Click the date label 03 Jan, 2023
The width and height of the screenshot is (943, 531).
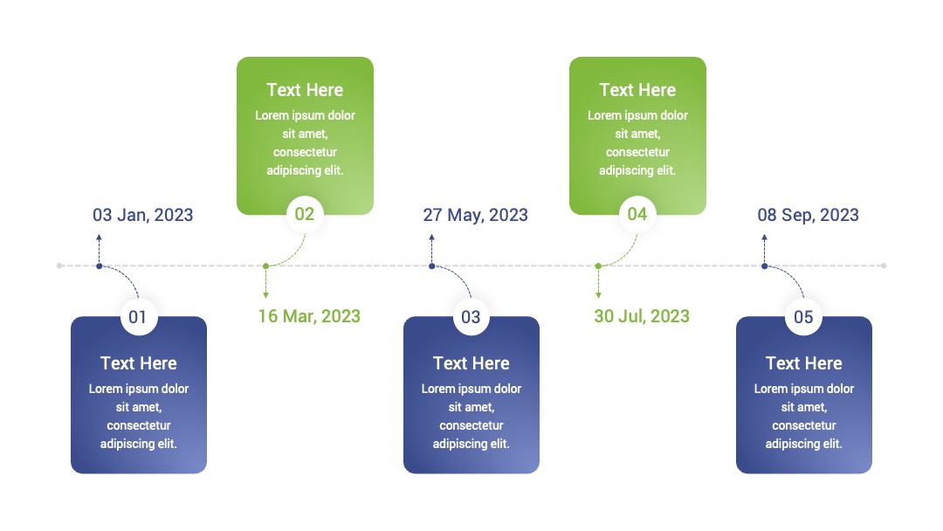[142, 215]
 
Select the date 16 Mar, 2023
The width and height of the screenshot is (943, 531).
[309, 315]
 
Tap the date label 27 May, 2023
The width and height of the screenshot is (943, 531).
[475, 215]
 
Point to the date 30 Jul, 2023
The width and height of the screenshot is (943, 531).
[642, 315]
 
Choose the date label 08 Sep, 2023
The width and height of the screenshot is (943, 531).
[808, 215]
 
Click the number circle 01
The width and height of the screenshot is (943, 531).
[138, 316]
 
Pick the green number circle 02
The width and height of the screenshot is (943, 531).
[305, 213]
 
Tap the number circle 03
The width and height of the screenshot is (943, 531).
[471, 316]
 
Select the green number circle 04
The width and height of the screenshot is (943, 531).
[637, 213]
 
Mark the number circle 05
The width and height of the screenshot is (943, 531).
[803, 316]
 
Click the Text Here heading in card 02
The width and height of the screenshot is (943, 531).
[305, 90]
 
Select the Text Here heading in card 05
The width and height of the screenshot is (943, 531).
[803, 363]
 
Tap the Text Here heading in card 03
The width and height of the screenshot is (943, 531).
[471, 363]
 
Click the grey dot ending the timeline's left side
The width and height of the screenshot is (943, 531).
[59, 265]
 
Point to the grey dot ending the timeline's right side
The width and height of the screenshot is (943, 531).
[884, 265]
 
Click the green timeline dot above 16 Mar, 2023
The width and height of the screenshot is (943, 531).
[265, 265]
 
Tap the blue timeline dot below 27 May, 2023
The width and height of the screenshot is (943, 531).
[432, 265]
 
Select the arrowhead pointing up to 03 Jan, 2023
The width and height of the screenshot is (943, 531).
[100, 238]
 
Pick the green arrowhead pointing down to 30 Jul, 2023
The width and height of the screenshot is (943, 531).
[598, 294]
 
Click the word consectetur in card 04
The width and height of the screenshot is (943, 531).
[637, 152]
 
